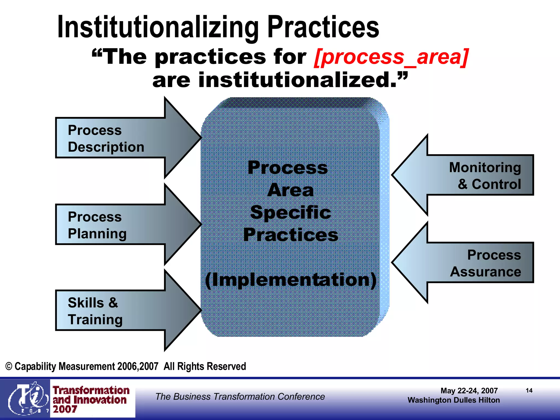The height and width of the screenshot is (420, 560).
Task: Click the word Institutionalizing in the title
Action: (x=158, y=27)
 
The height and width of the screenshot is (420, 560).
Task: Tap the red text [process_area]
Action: (x=391, y=57)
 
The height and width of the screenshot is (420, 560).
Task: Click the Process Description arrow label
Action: (x=106, y=138)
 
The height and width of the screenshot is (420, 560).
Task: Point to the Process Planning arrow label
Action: (x=97, y=225)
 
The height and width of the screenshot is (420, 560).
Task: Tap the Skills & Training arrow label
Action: (x=95, y=311)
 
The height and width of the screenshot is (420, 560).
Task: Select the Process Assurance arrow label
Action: (x=486, y=263)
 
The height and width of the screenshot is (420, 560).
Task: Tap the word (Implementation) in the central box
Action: (x=291, y=280)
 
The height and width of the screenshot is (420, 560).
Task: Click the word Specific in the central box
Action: (x=291, y=212)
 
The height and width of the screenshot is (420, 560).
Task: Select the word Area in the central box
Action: (x=291, y=190)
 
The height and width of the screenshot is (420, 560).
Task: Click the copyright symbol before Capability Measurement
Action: (x=9, y=366)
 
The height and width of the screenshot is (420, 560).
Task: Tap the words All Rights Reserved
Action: (x=205, y=366)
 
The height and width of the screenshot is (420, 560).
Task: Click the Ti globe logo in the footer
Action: (x=26, y=398)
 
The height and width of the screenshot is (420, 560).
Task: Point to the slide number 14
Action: (x=529, y=390)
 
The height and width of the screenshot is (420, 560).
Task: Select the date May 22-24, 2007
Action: (x=469, y=391)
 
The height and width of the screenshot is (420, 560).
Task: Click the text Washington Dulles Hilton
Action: (x=454, y=400)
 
